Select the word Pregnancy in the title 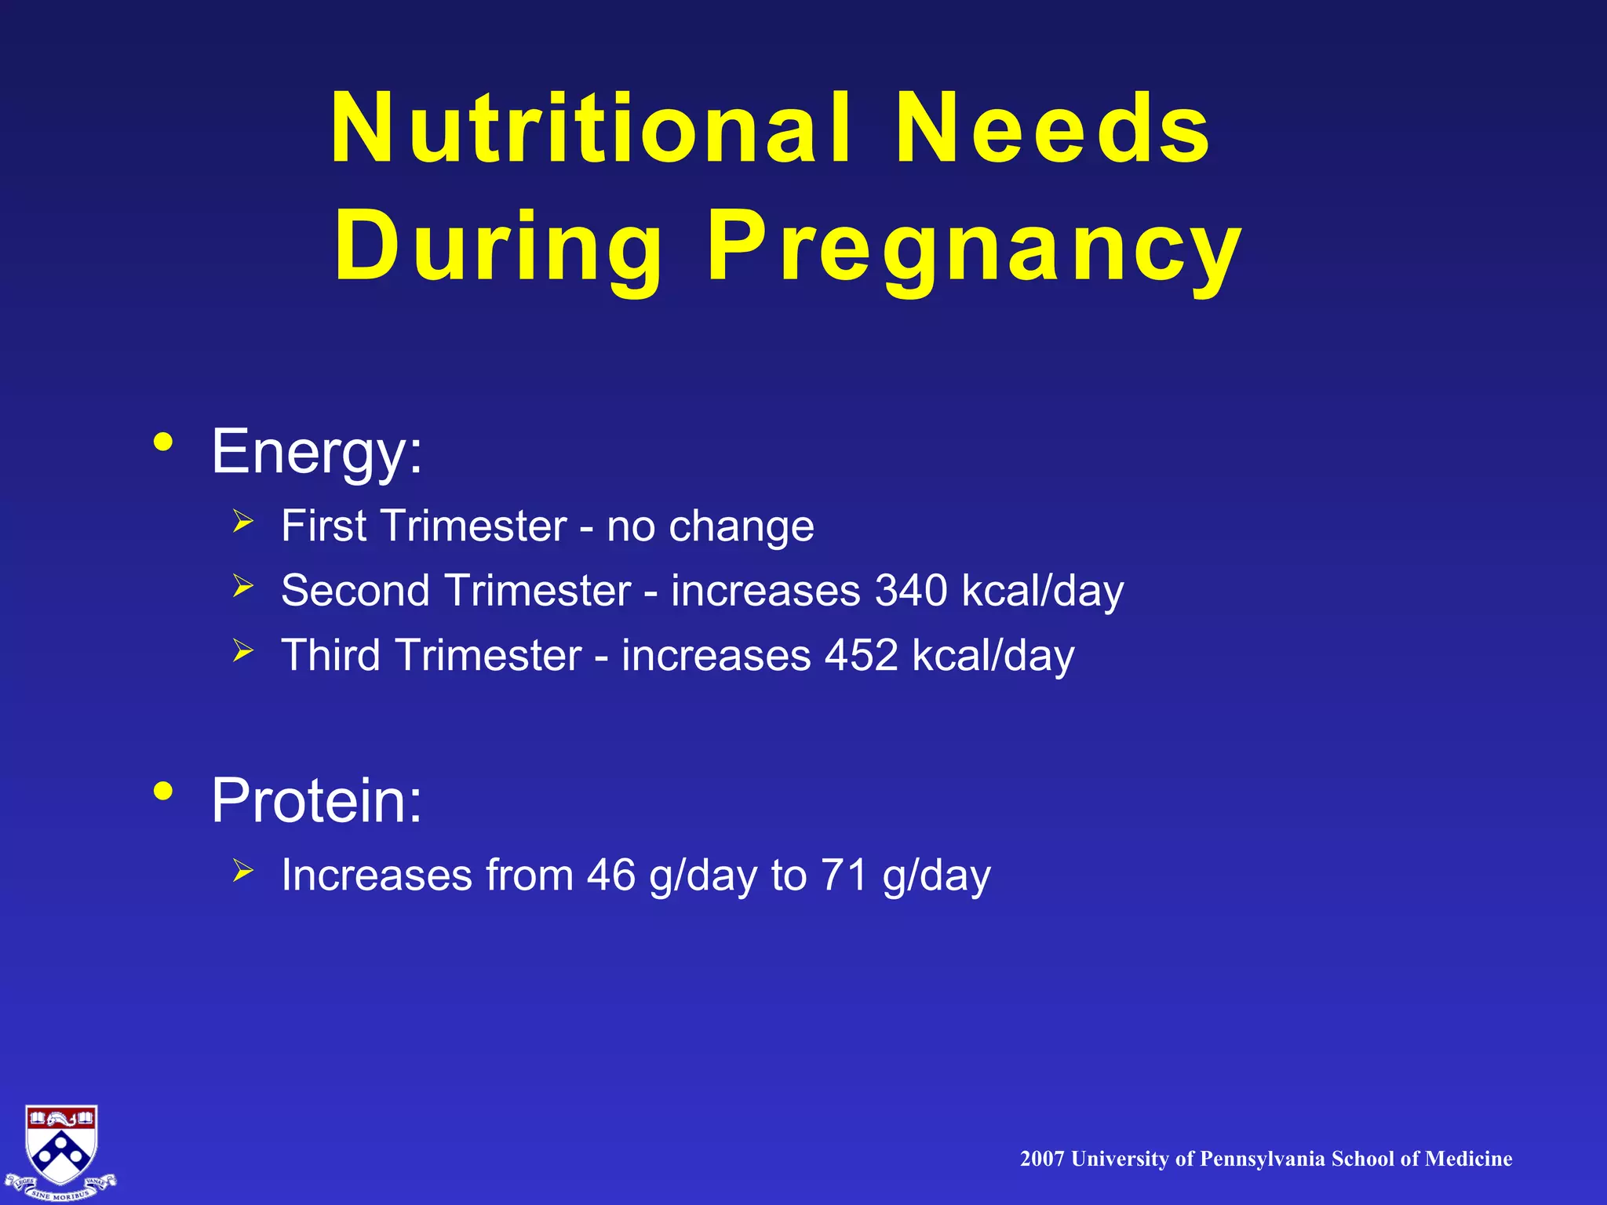974,249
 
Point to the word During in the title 499,249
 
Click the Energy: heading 317,452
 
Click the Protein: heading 317,800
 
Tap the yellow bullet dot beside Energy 163,442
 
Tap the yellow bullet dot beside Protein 163,791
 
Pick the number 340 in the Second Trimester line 911,590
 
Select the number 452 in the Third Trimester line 862,655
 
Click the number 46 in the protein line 611,875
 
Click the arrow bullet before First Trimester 243,521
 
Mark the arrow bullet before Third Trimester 243,650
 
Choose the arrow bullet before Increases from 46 243,870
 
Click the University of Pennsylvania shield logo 61,1150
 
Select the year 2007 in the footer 1042,1159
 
